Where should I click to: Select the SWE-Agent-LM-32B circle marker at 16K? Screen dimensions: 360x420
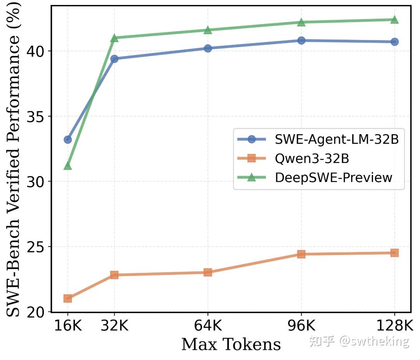pyautogui.click(x=68, y=140)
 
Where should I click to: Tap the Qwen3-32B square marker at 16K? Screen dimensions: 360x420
pyautogui.click(x=68, y=299)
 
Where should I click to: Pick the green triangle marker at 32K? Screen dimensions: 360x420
pyautogui.click(x=114, y=38)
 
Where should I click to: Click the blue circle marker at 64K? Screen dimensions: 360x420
pyautogui.click(x=208, y=49)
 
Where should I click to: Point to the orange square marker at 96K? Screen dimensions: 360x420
pyautogui.click(x=301, y=254)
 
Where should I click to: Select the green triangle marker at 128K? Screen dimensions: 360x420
pyautogui.click(x=394, y=20)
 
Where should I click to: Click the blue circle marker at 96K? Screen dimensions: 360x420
pyautogui.click(x=301, y=40)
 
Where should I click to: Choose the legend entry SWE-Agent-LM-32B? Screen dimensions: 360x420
pyautogui.click(x=336, y=140)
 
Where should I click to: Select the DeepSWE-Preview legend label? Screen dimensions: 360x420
pyautogui.click(x=333, y=177)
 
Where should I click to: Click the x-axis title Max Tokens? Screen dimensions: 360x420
pyautogui.click(x=231, y=344)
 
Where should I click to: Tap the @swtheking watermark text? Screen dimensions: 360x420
pyautogui.click(x=374, y=341)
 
